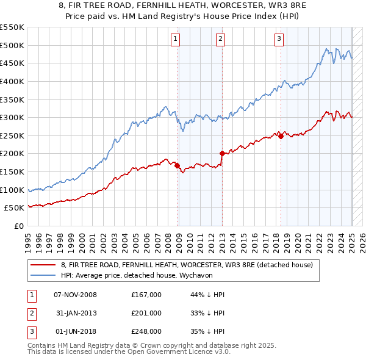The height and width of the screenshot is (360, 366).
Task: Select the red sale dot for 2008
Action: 177,165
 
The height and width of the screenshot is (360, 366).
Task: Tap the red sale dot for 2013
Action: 222,153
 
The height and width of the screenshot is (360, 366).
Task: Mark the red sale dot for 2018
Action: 281,136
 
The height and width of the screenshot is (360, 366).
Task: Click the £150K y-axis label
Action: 12,172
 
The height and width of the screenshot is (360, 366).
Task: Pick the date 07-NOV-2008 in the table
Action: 76,295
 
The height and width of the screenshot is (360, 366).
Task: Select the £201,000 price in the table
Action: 146,313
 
